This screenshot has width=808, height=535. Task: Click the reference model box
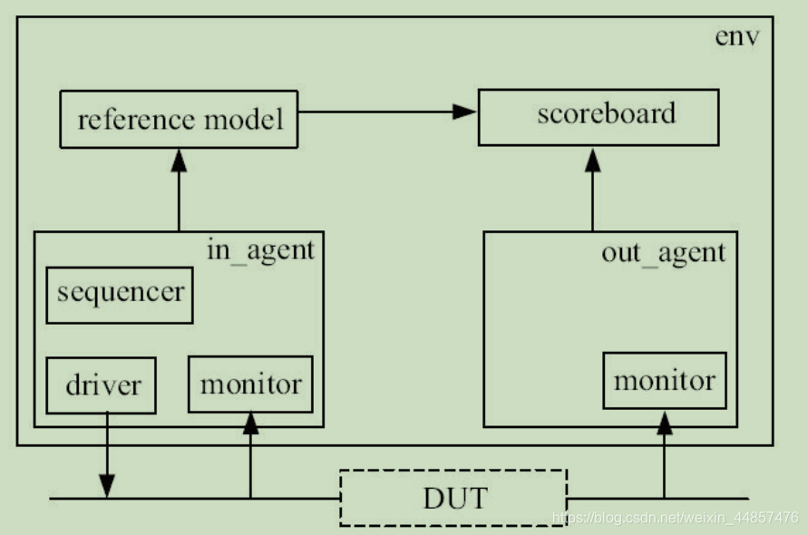(179, 119)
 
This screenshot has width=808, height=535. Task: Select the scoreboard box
(599, 117)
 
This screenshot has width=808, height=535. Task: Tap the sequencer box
(120, 295)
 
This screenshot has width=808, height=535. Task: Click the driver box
(101, 385)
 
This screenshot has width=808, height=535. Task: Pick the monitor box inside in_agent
(250, 384)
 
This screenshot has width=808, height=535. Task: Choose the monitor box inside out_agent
(664, 381)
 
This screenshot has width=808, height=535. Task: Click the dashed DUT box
(453, 498)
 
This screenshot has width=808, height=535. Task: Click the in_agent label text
(260, 249)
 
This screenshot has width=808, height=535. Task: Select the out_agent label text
(664, 252)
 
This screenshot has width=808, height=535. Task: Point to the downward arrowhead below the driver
(108, 486)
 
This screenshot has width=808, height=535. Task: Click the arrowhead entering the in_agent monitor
(251, 423)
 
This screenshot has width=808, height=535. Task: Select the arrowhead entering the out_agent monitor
(664, 420)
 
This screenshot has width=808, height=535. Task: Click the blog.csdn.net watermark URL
(676, 518)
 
